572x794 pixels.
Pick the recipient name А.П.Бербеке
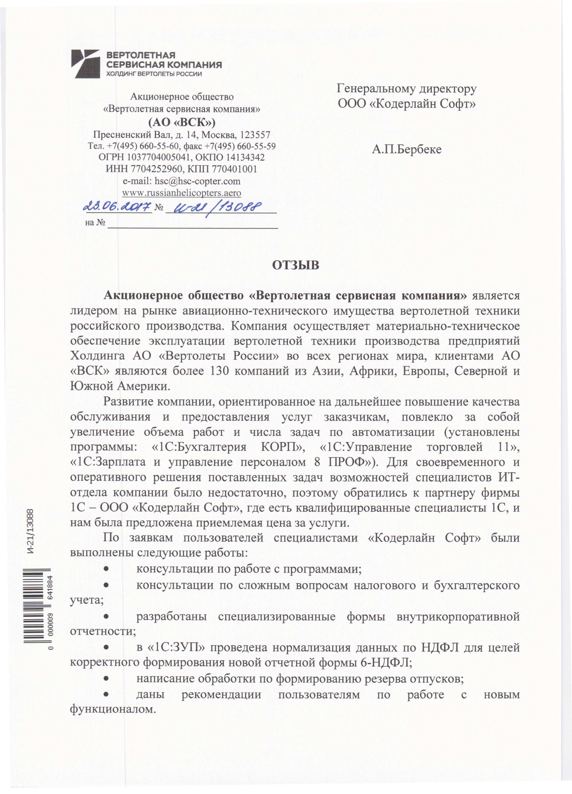pyautogui.click(x=407, y=150)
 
